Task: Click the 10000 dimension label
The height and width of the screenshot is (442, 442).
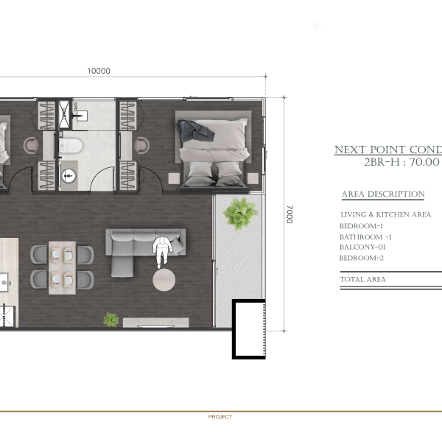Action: (99, 71)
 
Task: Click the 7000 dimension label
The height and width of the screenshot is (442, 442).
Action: (290, 214)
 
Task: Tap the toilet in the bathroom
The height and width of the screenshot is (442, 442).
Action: (71, 146)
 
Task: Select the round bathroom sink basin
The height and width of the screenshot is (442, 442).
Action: (69, 176)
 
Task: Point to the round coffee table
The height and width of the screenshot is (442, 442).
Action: (164, 280)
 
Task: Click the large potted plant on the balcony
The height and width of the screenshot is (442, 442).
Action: (240, 213)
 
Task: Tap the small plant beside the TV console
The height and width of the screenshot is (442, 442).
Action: (111, 320)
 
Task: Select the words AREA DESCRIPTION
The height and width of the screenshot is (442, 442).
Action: (383, 194)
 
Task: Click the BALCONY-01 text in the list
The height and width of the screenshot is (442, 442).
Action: (362, 248)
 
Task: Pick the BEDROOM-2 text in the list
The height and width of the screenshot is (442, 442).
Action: (362, 258)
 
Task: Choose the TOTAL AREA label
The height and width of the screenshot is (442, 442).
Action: (362, 279)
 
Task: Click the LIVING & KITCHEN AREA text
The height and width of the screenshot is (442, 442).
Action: (385, 215)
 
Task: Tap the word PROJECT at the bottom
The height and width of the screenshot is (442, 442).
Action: (220, 417)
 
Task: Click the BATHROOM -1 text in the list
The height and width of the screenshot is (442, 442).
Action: (365, 237)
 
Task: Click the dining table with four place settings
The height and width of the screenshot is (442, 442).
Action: (62, 267)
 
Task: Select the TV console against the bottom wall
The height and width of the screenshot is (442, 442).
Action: (156, 323)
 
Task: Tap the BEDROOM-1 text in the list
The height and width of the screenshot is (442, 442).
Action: (361, 226)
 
